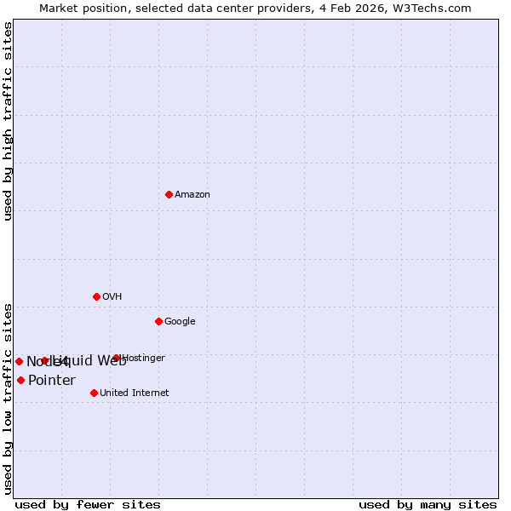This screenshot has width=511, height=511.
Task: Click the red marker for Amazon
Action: tap(169, 194)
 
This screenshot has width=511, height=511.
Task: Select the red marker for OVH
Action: tap(96, 296)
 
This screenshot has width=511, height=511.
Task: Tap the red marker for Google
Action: tap(158, 321)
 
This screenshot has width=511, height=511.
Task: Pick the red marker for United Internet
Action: tap(94, 393)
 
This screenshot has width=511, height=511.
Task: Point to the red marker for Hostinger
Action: tap(116, 358)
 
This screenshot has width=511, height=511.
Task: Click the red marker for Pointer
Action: tap(20, 380)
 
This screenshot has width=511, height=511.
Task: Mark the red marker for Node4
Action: tap(19, 361)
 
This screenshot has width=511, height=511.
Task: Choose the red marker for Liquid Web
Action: tap(44, 360)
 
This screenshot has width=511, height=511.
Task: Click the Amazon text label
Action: tap(192, 194)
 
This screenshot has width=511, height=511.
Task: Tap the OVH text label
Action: tap(112, 296)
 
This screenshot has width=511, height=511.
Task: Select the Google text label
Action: tap(180, 321)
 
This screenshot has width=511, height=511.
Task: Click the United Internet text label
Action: tap(135, 393)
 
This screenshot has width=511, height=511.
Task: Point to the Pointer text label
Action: tap(52, 380)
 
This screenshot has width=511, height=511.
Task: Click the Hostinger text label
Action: tap(144, 358)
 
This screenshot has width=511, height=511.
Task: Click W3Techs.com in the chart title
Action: tap(435, 8)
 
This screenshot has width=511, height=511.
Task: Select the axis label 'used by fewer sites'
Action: tap(88, 504)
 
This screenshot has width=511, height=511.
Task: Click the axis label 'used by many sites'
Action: tap(428, 504)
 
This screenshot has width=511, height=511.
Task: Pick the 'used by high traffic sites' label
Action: tap(9, 121)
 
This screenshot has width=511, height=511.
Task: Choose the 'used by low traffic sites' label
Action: tap(9, 399)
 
